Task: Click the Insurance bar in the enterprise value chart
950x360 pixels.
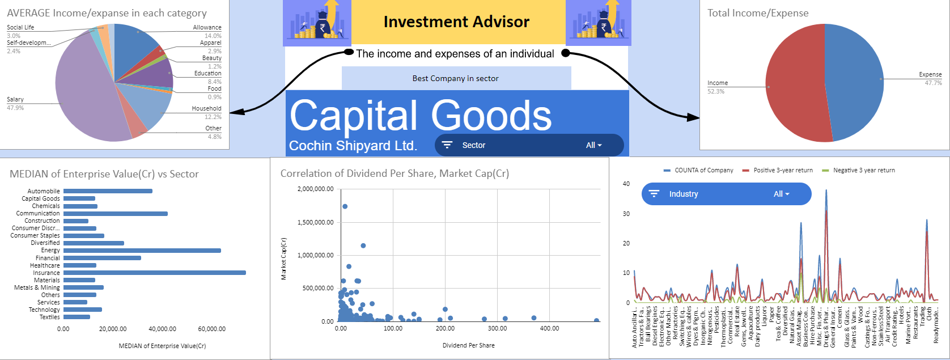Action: tap(154, 273)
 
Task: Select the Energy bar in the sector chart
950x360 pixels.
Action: tap(142, 250)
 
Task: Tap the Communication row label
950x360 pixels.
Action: tap(37, 213)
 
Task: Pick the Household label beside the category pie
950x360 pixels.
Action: tap(206, 108)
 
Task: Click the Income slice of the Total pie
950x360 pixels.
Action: tap(794, 85)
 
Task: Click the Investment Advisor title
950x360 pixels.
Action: tap(456, 22)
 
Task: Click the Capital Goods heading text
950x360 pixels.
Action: tap(421, 116)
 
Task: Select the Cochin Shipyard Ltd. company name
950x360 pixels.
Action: tap(353, 146)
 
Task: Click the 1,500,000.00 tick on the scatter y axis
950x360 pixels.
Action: tap(315, 222)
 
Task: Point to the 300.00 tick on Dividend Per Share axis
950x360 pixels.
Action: tap(497, 328)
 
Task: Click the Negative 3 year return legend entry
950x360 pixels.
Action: tap(863, 170)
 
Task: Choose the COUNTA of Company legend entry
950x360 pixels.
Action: tap(703, 170)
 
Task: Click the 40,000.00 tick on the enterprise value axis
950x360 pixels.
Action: tap(162, 329)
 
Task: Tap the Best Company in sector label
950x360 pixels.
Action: tap(456, 78)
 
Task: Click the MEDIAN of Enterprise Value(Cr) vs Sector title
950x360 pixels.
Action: tap(104, 174)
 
